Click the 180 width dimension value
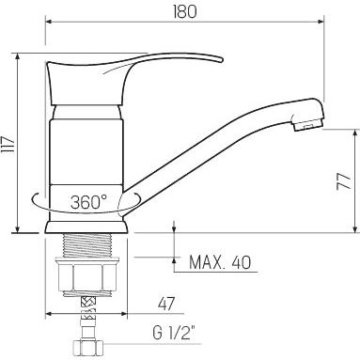(x=184, y=11)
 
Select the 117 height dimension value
(x=8, y=145)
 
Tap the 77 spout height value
(x=344, y=181)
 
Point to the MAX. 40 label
(x=220, y=262)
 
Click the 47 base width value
(x=166, y=304)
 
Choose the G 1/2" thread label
(x=174, y=333)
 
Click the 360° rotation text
(x=88, y=202)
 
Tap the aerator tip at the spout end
(x=307, y=124)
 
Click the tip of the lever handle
(x=221, y=59)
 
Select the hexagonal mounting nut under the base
(x=87, y=277)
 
